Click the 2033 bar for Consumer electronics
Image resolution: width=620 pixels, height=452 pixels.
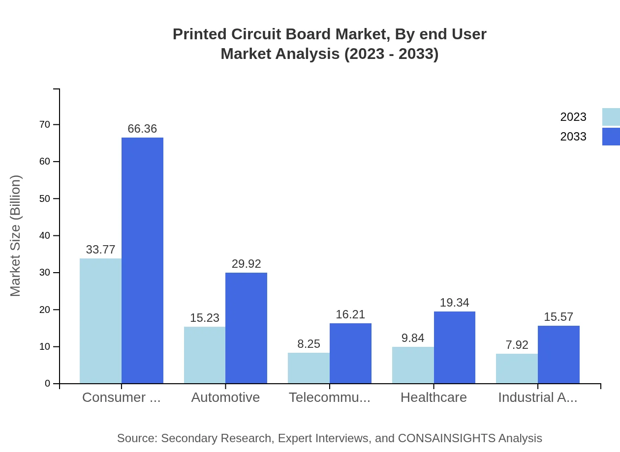142,260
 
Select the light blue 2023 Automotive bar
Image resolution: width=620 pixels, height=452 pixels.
205,355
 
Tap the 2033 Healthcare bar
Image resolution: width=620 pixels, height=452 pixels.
455,347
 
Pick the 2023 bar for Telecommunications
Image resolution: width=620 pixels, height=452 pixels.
309,368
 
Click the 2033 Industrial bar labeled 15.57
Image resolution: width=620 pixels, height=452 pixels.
558,354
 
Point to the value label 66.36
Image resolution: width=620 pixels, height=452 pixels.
142,129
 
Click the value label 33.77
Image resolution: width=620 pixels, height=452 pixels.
100,250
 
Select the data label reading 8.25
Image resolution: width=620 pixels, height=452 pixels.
309,344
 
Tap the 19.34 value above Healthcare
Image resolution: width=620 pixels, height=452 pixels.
454,303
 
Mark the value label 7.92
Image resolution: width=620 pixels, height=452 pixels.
517,345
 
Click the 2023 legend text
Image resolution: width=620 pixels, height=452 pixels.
573,117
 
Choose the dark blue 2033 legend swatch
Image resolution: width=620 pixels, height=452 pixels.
611,137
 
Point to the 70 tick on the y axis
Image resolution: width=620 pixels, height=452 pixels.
45,125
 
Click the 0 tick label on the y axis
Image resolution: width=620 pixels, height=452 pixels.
48,384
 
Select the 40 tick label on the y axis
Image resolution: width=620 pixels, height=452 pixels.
45,236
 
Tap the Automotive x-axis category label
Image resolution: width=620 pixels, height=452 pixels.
225,397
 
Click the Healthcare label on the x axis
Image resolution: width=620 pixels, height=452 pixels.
434,397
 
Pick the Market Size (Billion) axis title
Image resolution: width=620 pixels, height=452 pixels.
15,236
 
